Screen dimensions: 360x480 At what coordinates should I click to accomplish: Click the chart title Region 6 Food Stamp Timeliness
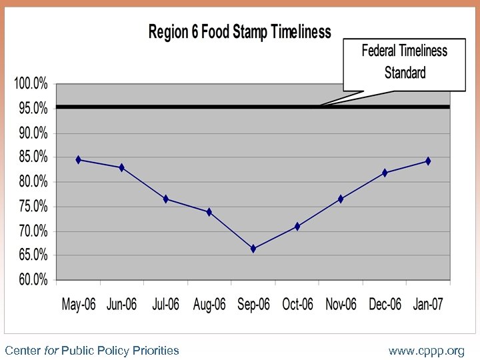click(239, 31)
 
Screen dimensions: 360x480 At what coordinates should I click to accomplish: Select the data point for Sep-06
click(253, 249)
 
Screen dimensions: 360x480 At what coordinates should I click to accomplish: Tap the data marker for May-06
click(79, 160)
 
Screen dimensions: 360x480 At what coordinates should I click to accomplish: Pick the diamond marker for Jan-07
click(428, 161)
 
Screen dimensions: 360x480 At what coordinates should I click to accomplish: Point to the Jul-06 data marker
click(166, 199)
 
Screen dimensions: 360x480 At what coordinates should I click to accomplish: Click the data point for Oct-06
click(297, 227)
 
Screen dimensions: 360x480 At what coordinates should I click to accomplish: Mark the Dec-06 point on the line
click(385, 173)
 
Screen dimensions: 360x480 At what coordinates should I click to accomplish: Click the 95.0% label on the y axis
click(31, 108)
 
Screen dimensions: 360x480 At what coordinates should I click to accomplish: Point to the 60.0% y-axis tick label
click(31, 281)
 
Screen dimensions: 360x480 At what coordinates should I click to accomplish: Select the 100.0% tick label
click(30, 84)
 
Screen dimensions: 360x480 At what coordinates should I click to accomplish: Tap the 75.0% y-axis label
click(31, 207)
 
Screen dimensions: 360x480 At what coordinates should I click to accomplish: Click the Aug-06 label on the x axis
click(209, 305)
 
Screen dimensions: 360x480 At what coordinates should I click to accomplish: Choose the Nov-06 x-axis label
click(341, 305)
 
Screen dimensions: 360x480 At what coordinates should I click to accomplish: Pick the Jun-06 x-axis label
click(121, 305)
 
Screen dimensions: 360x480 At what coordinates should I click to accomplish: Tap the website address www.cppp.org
click(427, 351)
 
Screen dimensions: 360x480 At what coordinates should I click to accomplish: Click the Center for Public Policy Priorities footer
click(92, 351)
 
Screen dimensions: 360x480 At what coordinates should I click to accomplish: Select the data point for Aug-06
click(209, 212)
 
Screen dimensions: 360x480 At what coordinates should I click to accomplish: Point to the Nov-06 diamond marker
click(341, 199)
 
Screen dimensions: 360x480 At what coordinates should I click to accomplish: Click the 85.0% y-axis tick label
click(31, 157)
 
